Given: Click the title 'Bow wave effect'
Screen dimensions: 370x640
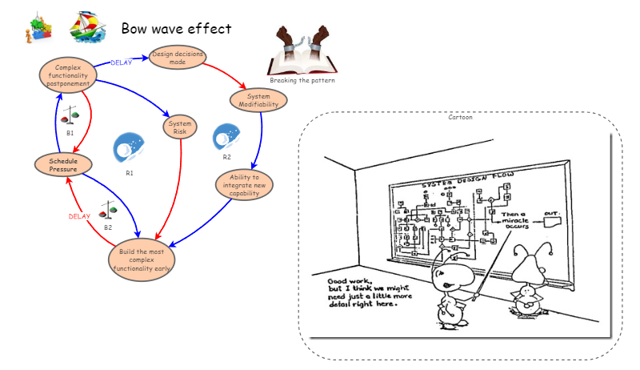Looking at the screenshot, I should click(x=176, y=28).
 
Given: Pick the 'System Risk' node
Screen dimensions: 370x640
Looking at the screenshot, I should click(x=180, y=127).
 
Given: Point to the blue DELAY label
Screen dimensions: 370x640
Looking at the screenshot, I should click(x=121, y=62).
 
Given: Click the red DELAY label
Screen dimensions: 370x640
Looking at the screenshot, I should click(x=79, y=216).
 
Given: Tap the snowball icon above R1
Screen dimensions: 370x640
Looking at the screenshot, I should click(x=129, y=148).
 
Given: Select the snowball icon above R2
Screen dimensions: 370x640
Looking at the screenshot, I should click(x=226, y=137).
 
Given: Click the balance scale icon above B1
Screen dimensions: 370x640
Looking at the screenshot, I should click(x=70, y=115).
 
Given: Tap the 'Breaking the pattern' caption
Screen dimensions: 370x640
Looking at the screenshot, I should click(x=302, y=80).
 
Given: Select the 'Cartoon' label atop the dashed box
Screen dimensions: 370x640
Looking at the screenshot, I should click(x=460, y=117).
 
